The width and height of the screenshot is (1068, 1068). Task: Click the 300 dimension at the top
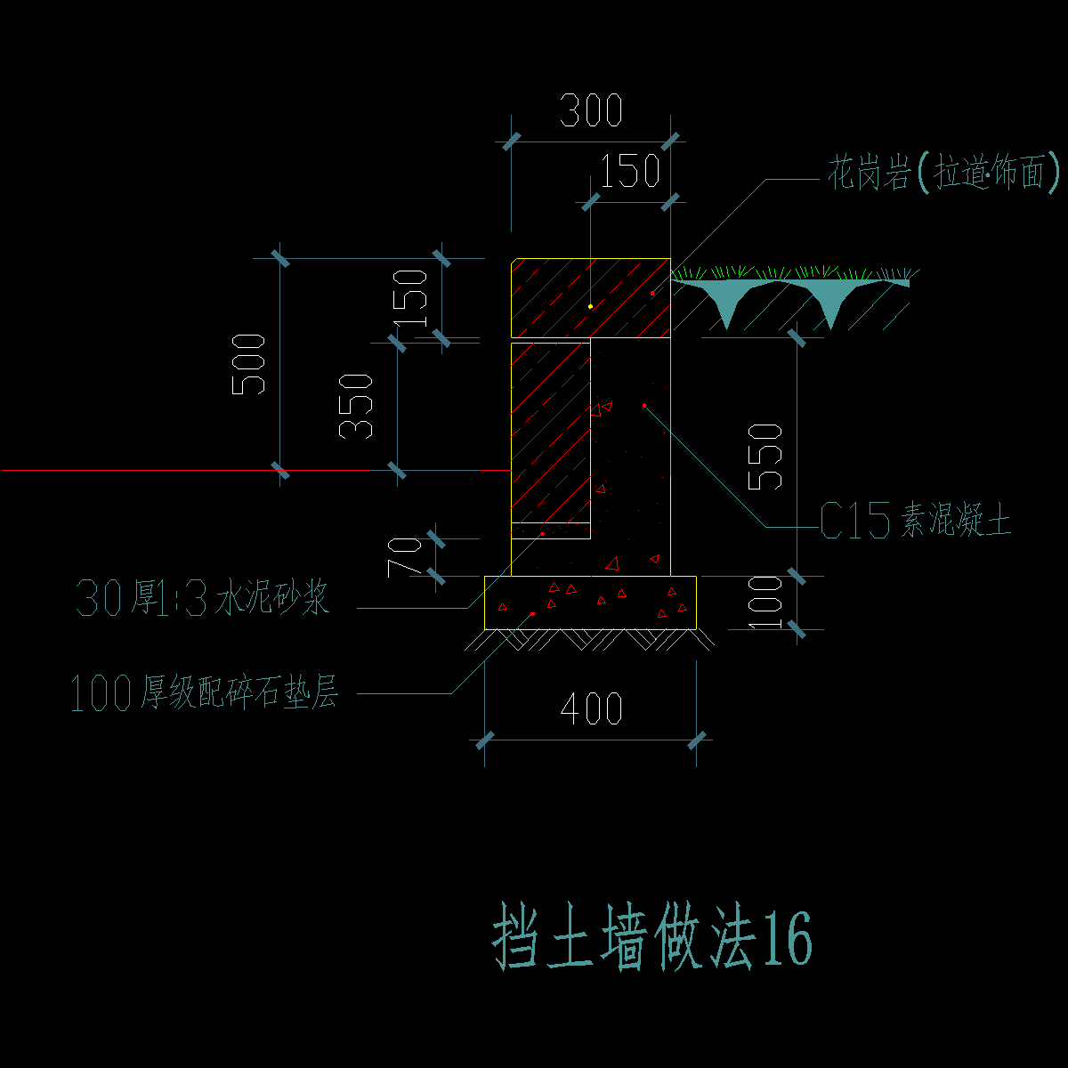pyautogui.click(x=590, y=111)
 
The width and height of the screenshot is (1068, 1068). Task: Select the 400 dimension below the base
pyautogui.click(x=591, y=709)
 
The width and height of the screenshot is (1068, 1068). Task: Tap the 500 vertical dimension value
pyautogui.click(x=248, y=364)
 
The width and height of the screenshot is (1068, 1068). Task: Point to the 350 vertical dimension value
pyautogui.click(x=356, y=406)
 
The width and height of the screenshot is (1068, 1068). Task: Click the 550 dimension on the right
pyautogui.click(x=765, y=457)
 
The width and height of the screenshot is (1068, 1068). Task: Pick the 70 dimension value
pyautogui.click(x=406, y=556)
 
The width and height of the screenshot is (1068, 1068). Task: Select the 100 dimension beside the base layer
pyautogui.click(x=765, y=603)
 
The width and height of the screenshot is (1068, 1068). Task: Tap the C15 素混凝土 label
pyautogui.click(x=915, y=521)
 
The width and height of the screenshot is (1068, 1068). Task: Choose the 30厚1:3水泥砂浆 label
pyautogui.click(x=203, y=599)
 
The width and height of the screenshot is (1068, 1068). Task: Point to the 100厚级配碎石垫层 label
pyautogui.click(x=204, y=693)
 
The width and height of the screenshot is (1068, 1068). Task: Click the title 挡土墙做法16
pyautogui.click(x=652, y=940)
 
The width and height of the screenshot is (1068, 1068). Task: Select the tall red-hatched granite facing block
pyautogui.click(x=550, y=433)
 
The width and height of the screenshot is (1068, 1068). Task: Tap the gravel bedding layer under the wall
pyautogui.click(x=590, y=603)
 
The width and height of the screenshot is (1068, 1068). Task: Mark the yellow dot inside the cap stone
pyautogui.click(x=590, y=306)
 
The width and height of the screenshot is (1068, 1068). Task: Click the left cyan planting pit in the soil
pyautogui.click(x=728, y=303)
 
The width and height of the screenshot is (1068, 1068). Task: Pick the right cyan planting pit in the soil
pyautogui.click(x=829, y=303)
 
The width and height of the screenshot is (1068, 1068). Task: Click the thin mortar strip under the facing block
pyautogui.click(x=550, y=531)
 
